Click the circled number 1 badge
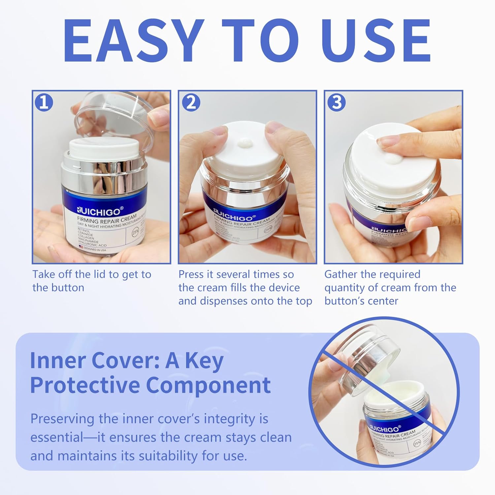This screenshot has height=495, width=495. point(44,103)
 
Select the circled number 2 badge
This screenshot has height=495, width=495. point(191,103)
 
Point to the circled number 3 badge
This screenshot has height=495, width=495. point(337,103)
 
